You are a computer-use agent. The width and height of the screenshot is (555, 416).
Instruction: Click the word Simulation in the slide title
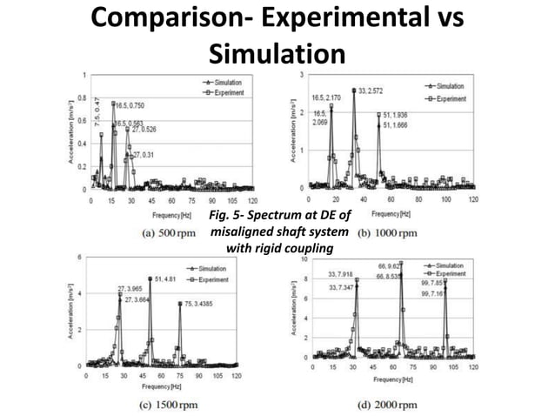(x=277, y=55)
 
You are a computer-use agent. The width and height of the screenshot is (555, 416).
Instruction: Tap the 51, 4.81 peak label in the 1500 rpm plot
(x=167, y=279)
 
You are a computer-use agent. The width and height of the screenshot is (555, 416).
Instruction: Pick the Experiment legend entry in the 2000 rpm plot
(x=451, y=272)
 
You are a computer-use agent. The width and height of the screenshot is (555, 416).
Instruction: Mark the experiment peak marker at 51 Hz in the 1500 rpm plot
(x=150, y=279)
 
